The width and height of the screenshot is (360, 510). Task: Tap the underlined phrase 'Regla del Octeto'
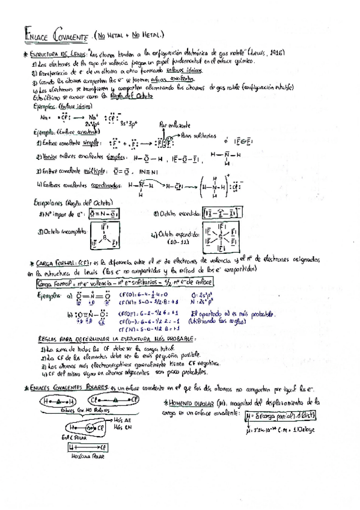click(x=135, y=96)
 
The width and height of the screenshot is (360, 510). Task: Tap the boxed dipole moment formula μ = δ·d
click(x=281, y=416)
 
